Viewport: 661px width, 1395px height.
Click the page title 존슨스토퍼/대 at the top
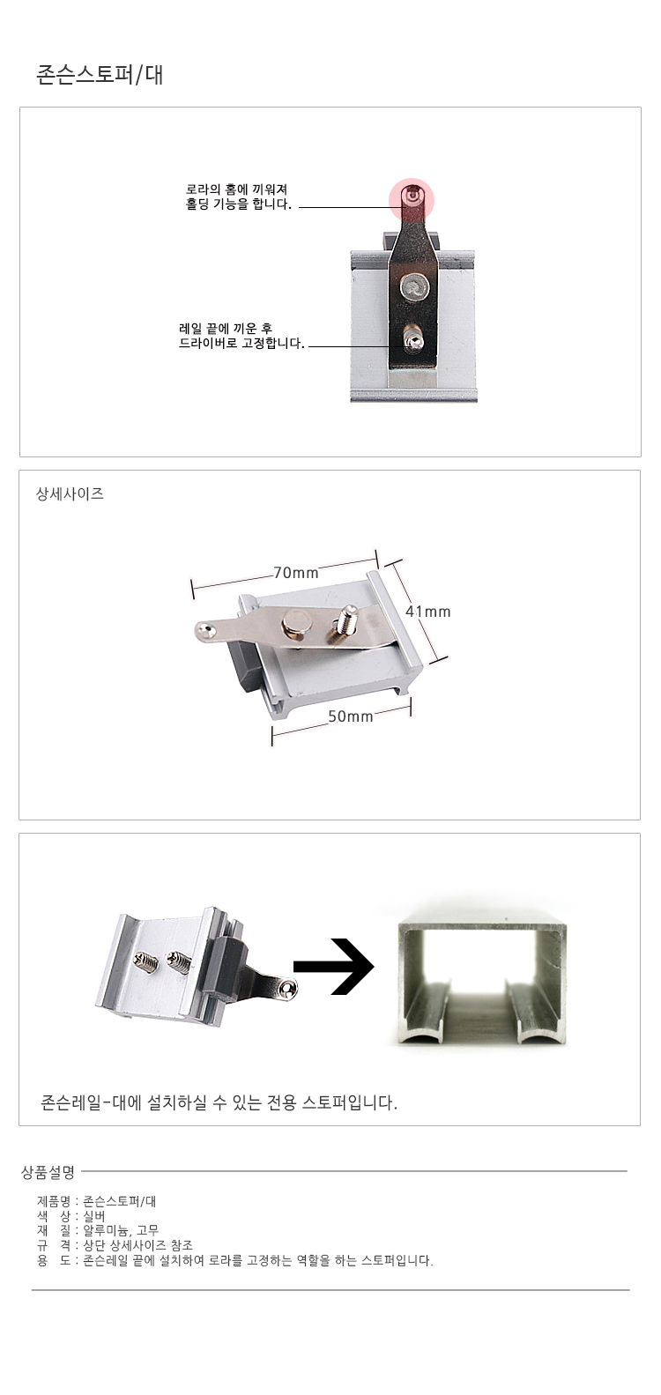pyautogui.click(x=100, y=75)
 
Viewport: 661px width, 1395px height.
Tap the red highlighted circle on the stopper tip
pyautogui.click(x=412, y=201)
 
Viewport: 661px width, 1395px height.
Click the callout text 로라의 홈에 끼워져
pyautogui.click(x=237, y=189)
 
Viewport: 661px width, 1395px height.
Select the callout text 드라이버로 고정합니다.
pyautogui.click(x=241, y=343)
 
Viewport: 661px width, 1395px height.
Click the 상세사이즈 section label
pyautogui.click(x=70, y=493)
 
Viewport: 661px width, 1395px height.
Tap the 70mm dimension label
pyautogui.click(x=296, y=573)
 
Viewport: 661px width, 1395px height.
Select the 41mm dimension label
pyautogui.click(x=428, y=612)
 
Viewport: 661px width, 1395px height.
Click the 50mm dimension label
pyautogui.click(x=351, y=716)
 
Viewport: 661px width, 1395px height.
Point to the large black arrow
pyautogui.click(x=333, y=966)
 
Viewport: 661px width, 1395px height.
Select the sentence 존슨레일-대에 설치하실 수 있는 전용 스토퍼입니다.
pyautogui.click(x=219, y=1102)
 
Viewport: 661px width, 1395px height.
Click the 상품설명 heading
pyautogui.click(x=48, y=1172)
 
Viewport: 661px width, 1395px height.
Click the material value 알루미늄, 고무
pyautogui.click(x=121, y=1230)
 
